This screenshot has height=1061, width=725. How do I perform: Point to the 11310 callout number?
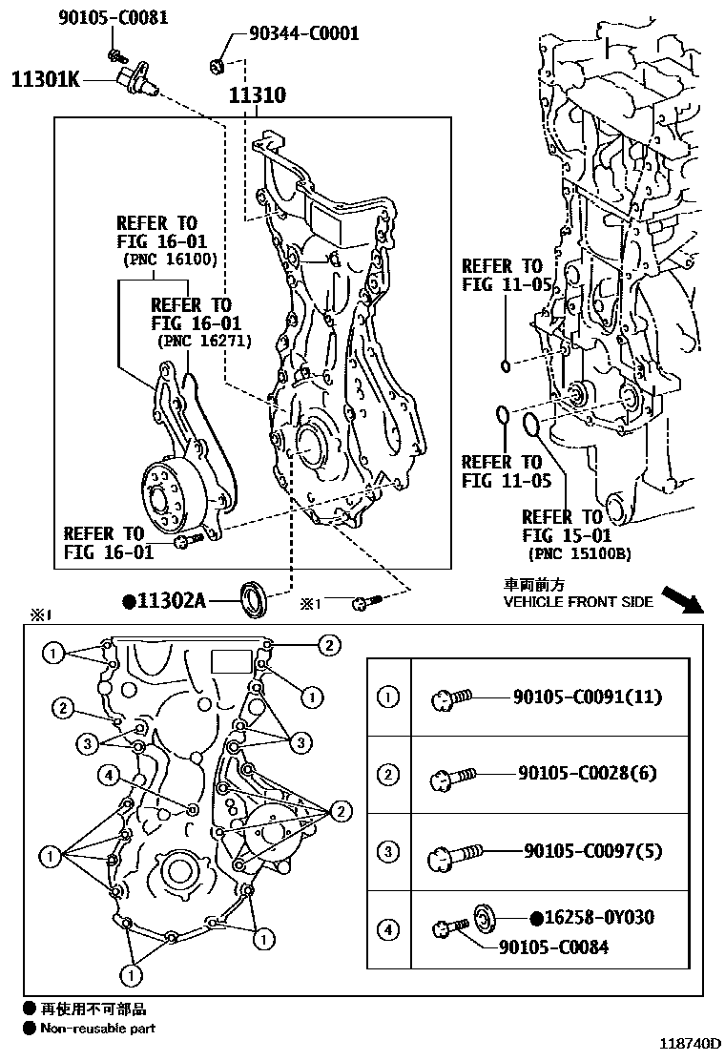pos(257,96)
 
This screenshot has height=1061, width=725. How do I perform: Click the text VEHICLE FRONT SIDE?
pos(578,602)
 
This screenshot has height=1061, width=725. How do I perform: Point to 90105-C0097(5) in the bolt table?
pos(592,850)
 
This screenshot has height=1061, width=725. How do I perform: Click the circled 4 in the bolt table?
pos(387,928)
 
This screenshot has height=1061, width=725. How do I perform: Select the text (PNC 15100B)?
pos(576,553)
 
